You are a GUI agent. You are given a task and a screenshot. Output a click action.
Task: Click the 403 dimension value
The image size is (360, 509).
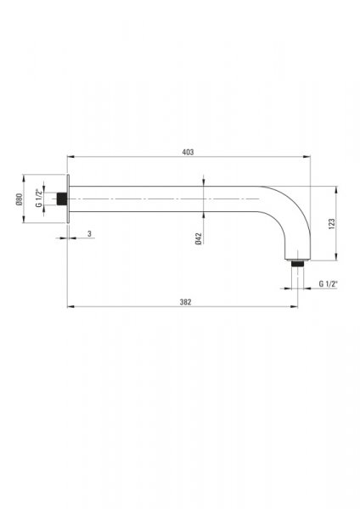pyautogui.click(x=188, y=152)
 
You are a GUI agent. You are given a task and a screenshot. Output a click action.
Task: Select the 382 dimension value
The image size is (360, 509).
pyautogui.click(x=186, y=302)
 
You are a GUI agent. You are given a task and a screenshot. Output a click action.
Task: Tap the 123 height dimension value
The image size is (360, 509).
pyautogui.click(x=332, y=224)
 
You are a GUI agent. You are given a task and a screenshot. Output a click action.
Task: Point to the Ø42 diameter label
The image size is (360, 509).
pyautogui.click(x=199, y=238)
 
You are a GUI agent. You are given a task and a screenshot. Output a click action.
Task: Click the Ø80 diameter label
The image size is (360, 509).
pyautogui.click(x=20, y=199)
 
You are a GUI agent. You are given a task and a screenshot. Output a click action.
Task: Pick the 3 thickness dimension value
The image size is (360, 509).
pyautogui.click(x=90, y=233)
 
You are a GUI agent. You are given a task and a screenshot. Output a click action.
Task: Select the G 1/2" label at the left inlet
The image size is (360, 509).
pyautogui.click(x=39, y=198)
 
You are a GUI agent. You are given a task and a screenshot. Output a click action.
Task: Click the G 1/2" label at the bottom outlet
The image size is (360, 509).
pyautogui.click(x=328, y=284)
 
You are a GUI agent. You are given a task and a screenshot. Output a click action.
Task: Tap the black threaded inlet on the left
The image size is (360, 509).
pyautogui.click(x=62, y=199)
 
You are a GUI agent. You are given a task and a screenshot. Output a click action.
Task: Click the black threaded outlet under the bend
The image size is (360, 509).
pyautogui.click(x=298, y=263)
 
